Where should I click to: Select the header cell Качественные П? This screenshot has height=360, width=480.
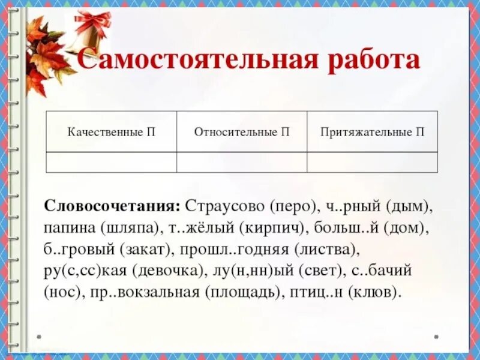click(x=112, y=132)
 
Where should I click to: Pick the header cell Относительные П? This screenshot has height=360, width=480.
click(x=242, y=132)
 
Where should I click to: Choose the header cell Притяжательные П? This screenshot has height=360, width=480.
click(x=372, y=132)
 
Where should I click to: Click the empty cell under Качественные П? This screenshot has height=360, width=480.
click(x=112, y=162)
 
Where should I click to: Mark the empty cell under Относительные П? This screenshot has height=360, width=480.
click(x=242, y=162)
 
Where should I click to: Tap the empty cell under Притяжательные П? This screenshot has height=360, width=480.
click(x=372, y=162)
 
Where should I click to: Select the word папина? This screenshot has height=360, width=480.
click(x=65, y=228)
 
